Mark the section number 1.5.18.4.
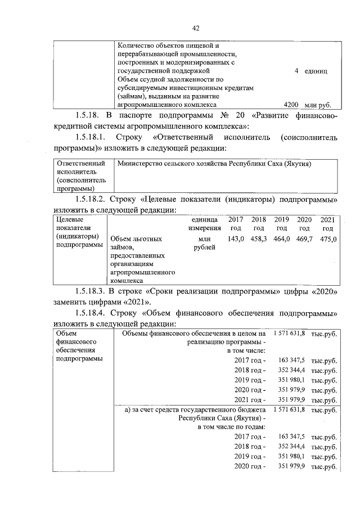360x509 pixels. pyautogui.click(x=92, y=312)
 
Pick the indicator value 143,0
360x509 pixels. pyautogui.click(x=235, y=239)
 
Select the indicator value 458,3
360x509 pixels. pyautogui.click(x=258, y=239)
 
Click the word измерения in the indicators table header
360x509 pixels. pyautogui.click(x=201, y=228)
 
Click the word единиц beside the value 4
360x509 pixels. pyautogui.click(x=317, y=71)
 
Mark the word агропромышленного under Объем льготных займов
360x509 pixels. pyautogui.click(x=143, y=272)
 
